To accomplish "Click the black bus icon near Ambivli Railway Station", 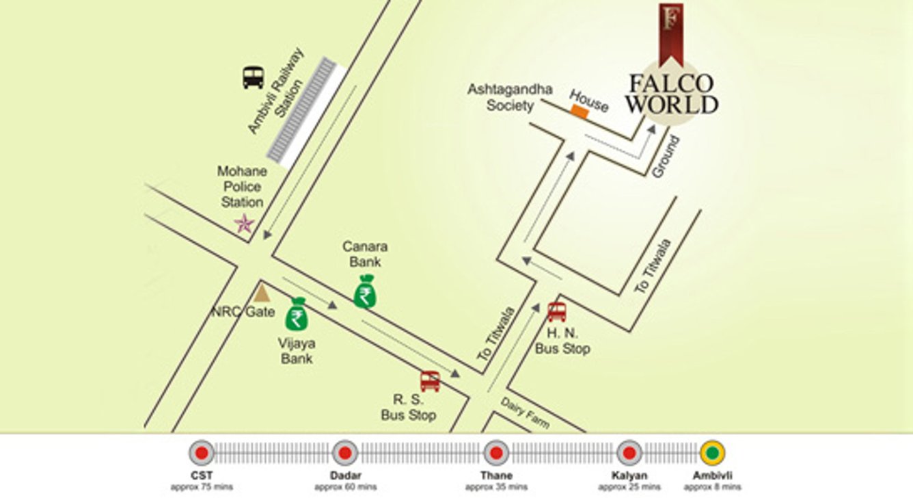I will coord(253,77).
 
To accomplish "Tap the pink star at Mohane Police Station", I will coord(244,223).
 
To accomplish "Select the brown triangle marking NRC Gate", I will coord(261,293).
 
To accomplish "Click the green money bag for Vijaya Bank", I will coord(297,315).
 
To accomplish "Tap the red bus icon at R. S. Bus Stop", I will coord(430,380).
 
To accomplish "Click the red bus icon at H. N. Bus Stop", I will coord(557,311).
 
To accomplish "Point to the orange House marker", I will coord(580,113).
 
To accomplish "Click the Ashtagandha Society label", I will coord(510,98).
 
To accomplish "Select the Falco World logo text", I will coord(672,94).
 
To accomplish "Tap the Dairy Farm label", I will coord(525,412).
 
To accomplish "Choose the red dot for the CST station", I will coord(202,453).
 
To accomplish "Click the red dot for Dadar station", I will coord(345,453).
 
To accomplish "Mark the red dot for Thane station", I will coord(495,453).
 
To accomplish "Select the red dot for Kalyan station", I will coord(629,453).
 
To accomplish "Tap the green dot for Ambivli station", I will coord(712,453).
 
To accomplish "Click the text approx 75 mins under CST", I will coord(202,487).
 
